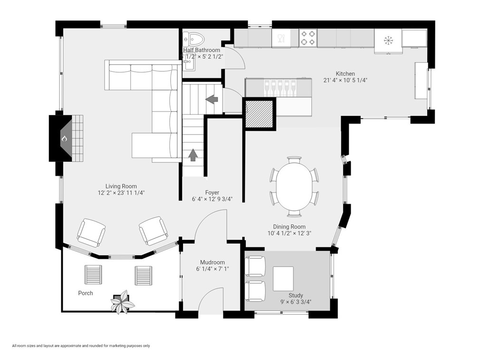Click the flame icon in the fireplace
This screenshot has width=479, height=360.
(x=64, y=139)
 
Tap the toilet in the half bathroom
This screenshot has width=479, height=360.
(x=194, y=38)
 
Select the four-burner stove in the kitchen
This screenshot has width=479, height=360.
(x=307, y=38)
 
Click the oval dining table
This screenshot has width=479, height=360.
(x=294, y=186)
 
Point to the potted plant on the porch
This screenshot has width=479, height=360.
(x=122, y=302)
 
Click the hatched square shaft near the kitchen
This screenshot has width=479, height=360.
(x=259, y=114)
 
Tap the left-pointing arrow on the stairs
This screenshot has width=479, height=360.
(x=211, y=99)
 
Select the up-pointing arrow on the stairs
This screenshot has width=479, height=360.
(x=193, y=155)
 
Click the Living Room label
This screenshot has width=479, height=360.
(x=121, y=186)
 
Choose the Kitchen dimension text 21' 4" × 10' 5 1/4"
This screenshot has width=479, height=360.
(x=345, y=80)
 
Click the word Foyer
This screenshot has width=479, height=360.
(x=212, y=193)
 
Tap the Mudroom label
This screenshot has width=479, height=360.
(x=212, y=262)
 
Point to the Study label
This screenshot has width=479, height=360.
(x=296, y=295)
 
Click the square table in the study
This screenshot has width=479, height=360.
(x=283, y=279)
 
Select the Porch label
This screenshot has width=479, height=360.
(x=86, y=293)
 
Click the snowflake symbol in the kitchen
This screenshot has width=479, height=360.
(x=389, y=40)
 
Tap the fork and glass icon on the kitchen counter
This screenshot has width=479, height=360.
(x=280, y=38)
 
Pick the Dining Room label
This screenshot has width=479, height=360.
(x=289, y=227)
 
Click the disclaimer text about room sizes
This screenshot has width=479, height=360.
(x=81, y=346)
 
